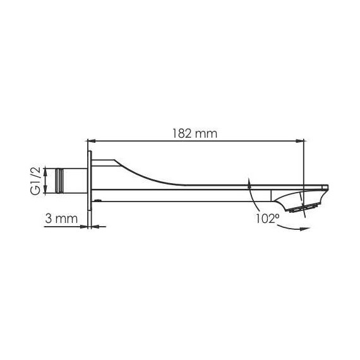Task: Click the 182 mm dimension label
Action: tap(195, 133)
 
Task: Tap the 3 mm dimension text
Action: tap(61, 219)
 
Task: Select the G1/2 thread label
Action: tap(36, 181)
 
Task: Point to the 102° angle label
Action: tap(268, 219)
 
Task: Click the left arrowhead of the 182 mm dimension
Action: tap(92, 141)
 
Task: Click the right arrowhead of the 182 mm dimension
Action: tap(300, 141)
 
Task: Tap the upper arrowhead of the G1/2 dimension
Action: tap(45, 171)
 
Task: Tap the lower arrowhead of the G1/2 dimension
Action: tap(45, 190)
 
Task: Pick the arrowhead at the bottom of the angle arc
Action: tap(305, 229)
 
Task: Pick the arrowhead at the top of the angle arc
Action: tap(249, 182)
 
